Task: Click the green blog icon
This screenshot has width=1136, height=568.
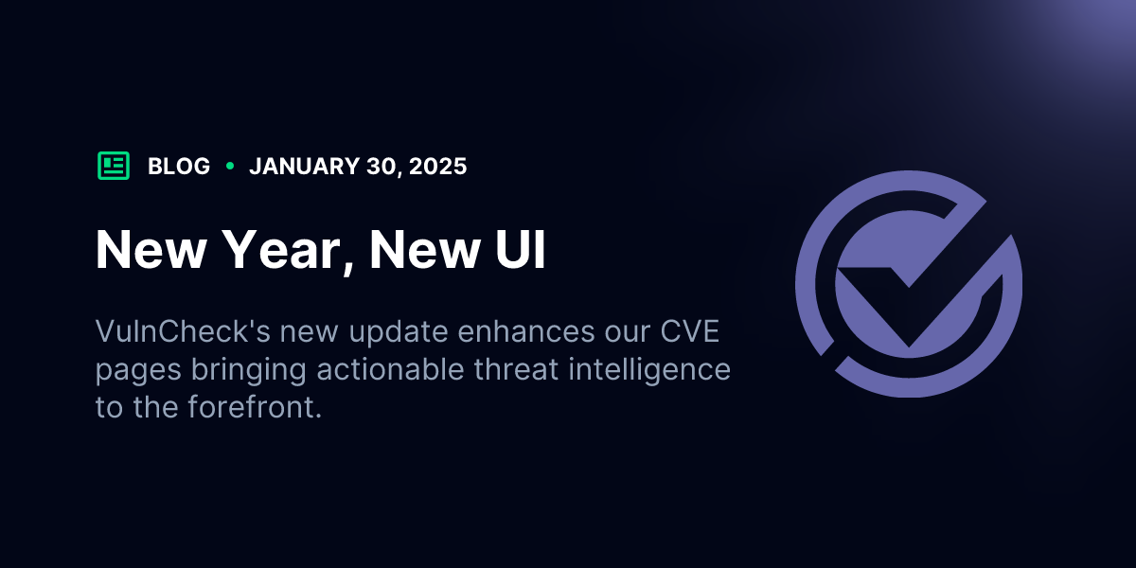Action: (x=114, y=166)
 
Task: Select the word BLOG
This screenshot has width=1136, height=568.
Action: (x=179, y=167)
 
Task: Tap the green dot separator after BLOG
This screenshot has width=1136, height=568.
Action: (x=230, y=166)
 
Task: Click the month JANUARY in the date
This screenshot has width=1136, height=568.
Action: (x=304, y=167)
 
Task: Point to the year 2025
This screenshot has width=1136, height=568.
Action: (x=437, y=167)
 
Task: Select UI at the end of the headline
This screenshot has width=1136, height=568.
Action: (x=521, y=249)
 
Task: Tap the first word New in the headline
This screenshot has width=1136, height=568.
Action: (x=151, y=249)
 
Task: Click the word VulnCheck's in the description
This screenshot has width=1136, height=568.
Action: (x=183, y=331)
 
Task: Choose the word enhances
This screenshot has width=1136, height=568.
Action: (x=526, y=331)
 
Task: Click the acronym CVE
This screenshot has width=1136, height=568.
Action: (x=690, y=331)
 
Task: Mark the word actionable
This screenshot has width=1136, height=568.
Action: (x=390, y=368)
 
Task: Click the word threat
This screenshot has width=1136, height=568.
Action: (x=516, y=368)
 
